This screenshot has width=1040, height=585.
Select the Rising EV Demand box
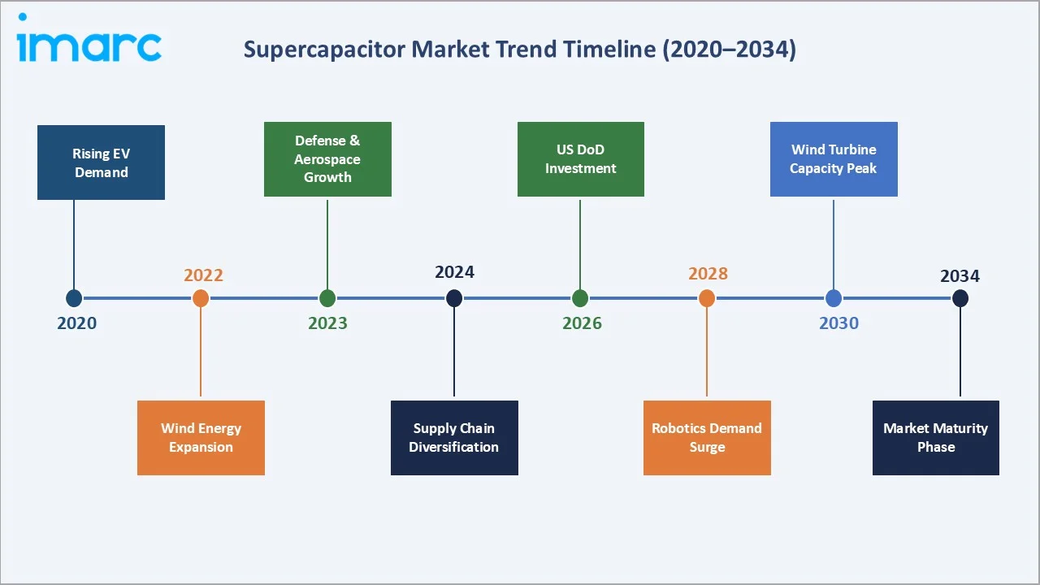(101, 162)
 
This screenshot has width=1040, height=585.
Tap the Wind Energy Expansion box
(201, 437)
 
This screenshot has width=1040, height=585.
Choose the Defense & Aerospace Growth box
(327, 159)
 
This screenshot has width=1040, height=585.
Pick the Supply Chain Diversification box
(454, 437)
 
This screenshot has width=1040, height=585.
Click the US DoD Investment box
(580, 159)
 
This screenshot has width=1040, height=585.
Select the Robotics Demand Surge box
(707, 437)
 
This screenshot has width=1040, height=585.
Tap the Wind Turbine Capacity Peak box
(834, 159)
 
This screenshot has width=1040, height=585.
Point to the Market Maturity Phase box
(935, 437)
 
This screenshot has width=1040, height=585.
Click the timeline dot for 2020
(74, 298)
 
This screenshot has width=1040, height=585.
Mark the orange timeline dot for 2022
(201, 298)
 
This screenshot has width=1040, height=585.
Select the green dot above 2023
(327, 298)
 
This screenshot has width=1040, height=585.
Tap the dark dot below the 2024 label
(454, 298)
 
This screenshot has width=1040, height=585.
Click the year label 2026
(582, 323)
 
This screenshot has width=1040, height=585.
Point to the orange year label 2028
(708, 273)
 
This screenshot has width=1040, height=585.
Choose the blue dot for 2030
(834, 298)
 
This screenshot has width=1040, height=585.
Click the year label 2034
(960, 275)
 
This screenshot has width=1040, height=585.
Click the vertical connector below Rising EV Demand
(74, 244)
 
